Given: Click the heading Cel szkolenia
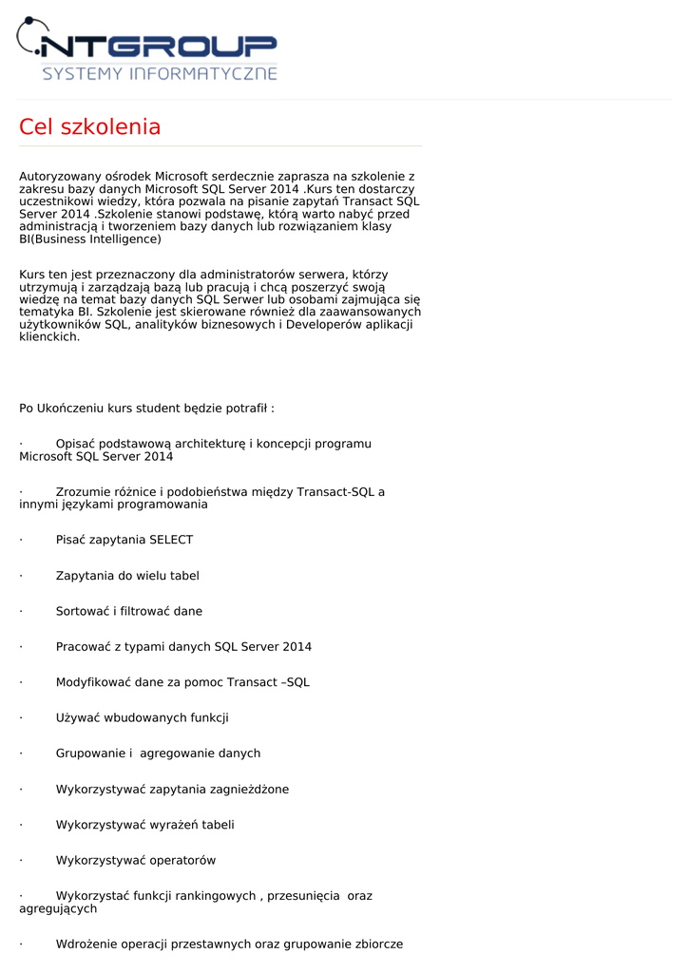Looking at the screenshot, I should click(90, 127).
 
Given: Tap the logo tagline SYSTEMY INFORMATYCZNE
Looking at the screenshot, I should click(160, 73).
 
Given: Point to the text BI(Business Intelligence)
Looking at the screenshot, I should click(90, 239).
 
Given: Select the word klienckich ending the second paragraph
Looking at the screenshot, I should click(49, 337).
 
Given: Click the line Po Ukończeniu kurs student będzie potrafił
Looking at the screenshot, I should click(146, 409).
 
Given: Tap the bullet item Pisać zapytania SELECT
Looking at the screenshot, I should click(124, 540).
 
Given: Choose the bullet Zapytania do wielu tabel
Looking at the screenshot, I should click(127, 576).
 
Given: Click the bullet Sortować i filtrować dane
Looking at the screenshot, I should click(129, 611).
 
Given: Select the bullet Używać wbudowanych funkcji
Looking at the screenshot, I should click(143, 718).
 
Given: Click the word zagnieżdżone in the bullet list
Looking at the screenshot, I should click(249, 790).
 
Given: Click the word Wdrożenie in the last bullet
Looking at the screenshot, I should click(86, 944).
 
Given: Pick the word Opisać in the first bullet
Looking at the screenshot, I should click(75, 444).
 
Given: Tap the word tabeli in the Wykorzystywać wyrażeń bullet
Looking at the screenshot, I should click(218, 825).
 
